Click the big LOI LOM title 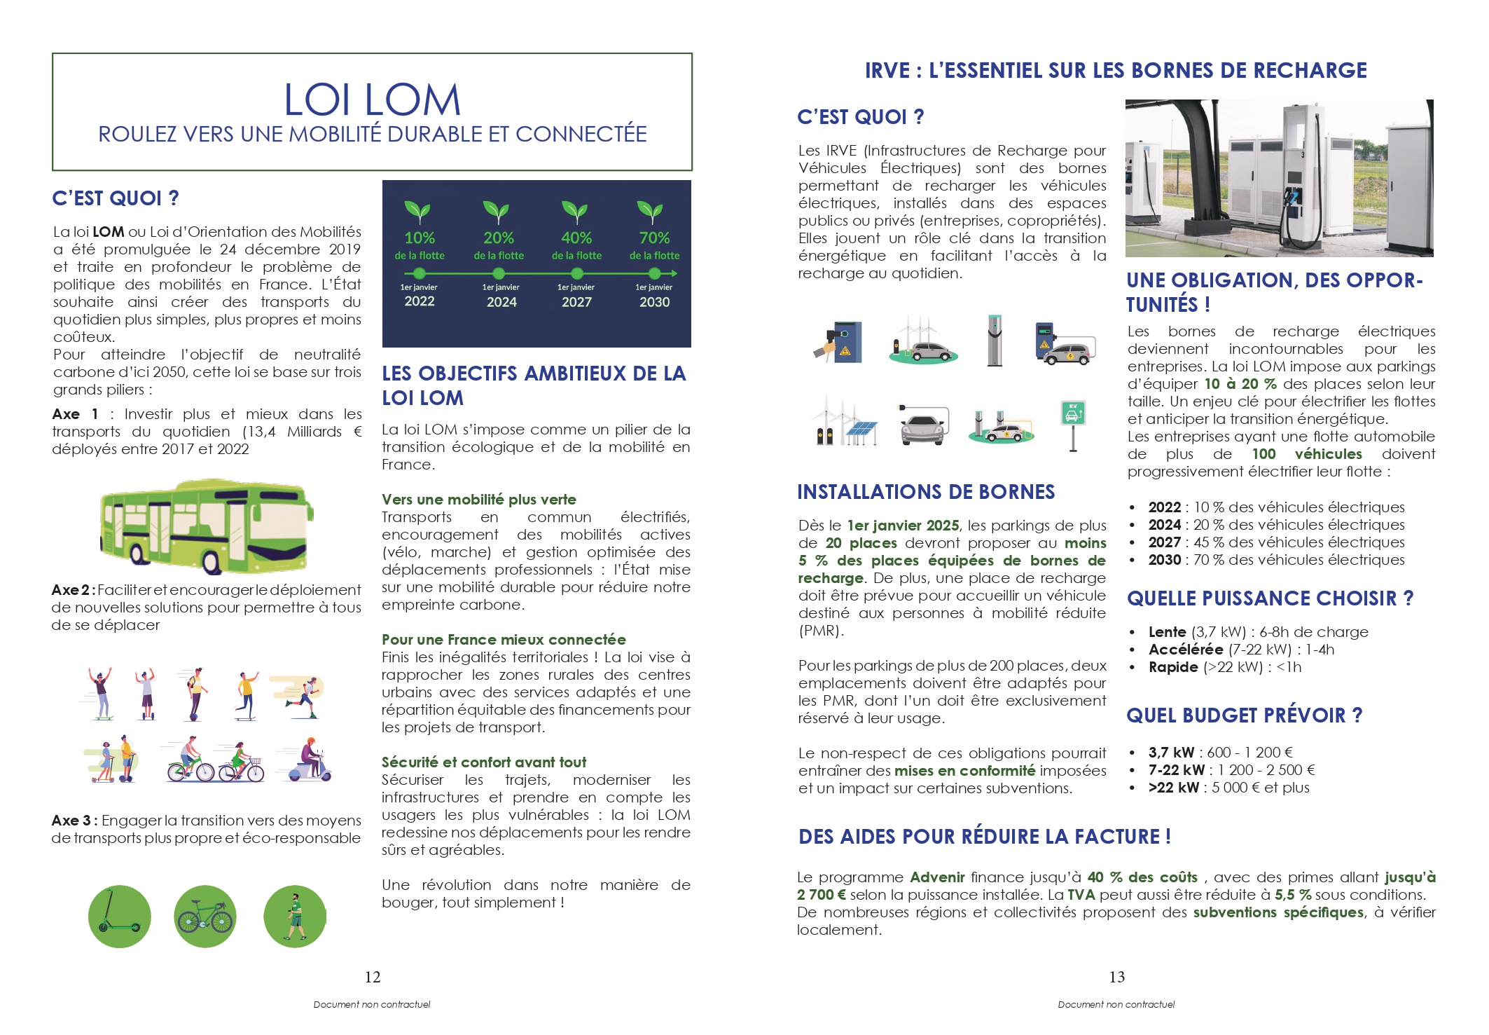click(372, 100)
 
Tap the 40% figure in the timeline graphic click(576, 238)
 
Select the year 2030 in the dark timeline click(654, 302)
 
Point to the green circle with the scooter click(120, 917)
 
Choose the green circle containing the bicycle click(205, 917)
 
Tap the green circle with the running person click(295, 917)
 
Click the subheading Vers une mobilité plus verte click(479, 500)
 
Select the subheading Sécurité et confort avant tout click(484, 762)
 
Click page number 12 click(373, 977)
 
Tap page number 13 click(1117, 977)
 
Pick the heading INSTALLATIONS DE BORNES click(926, 492)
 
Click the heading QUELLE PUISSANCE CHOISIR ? click(1270, 598)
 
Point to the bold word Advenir click(937, 877)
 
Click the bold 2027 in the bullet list click(1165, 542)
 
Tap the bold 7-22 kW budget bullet click(1177, 770)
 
